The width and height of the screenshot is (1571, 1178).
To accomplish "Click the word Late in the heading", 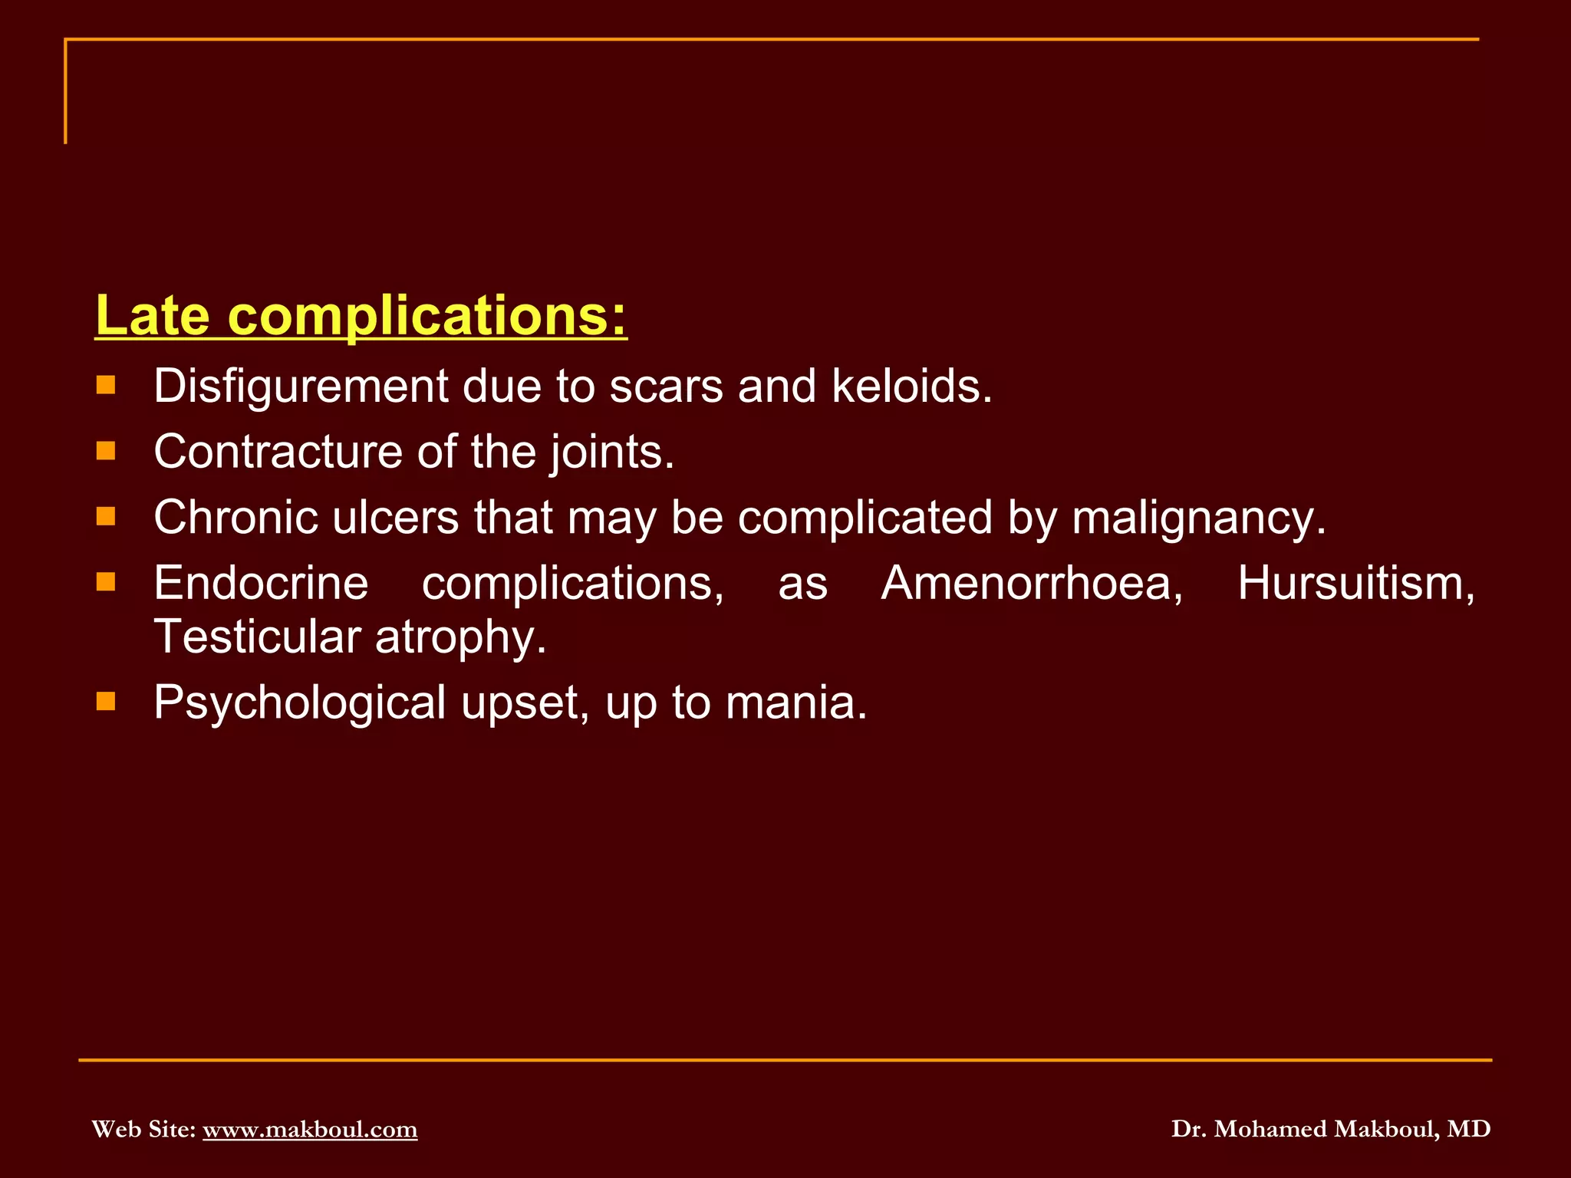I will tap(152, 316).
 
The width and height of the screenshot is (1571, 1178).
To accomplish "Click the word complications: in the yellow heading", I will tap(427, 316).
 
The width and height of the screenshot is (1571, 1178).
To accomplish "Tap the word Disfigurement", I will tap(300, 386).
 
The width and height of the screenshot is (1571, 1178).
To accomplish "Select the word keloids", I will tap(911, 386).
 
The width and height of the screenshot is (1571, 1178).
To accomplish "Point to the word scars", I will tap(665, 386).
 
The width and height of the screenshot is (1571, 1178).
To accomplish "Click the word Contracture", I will tap(277, 452).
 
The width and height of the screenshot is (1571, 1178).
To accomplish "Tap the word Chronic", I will tap(235, 518).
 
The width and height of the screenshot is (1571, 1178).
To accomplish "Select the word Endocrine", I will tap(261, 584).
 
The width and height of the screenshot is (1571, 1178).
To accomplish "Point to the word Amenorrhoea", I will tap(1032, 584).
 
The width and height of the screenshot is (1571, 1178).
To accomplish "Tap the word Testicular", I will tap(257, 637).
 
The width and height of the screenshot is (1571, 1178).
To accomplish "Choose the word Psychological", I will tap(299, 703).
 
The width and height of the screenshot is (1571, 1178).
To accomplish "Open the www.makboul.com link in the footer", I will tap(310, 1129).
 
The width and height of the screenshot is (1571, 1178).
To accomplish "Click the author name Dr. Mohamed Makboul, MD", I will tap(1330, 1129).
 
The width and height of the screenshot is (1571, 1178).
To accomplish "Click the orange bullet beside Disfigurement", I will tap(106, 384).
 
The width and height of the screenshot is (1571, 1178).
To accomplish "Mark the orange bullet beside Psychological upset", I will tap(106, 701).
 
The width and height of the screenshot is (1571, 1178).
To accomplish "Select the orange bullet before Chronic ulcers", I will tap(106, 516).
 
